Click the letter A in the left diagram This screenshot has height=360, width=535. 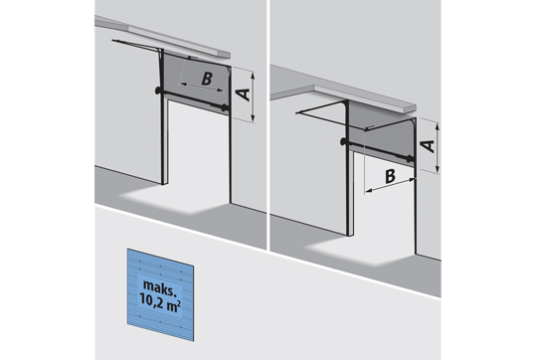tap(243, 94)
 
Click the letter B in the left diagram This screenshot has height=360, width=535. tap(207, 79)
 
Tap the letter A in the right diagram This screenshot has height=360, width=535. tap(428, 146)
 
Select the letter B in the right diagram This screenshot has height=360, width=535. tap(390, 176)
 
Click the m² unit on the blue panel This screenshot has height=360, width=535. tap(173, 304)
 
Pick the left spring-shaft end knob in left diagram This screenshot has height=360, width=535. tap(158, 90)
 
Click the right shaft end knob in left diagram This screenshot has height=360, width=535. tap(225, 107)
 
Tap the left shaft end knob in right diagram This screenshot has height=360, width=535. tap(343, 141)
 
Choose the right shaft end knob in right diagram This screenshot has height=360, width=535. tap(409, 159)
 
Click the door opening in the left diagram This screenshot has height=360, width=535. tap(198, 150)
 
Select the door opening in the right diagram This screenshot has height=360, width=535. tap(384, 201)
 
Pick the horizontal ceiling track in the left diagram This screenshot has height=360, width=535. tap(136, 45)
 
